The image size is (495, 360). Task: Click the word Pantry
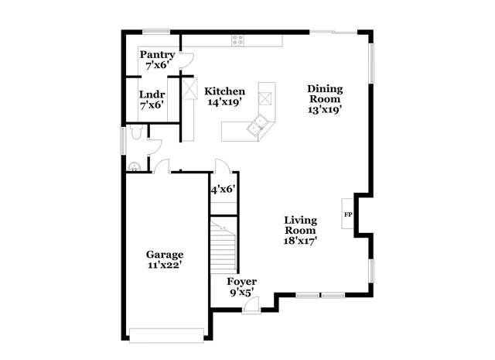156,56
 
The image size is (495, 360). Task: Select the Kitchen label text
225,91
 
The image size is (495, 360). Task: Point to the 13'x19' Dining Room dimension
325,109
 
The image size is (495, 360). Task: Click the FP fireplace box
348,214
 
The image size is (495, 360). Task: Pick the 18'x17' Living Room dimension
300,241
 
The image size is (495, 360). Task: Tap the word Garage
165,255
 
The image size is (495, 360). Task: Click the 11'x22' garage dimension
165,266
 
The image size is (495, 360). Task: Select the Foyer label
241,281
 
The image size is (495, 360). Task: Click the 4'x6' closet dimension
223,188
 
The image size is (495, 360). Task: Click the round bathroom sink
134,164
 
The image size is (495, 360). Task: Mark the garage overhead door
167,334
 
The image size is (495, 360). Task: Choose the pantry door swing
186,59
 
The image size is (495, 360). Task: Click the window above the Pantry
155,31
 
